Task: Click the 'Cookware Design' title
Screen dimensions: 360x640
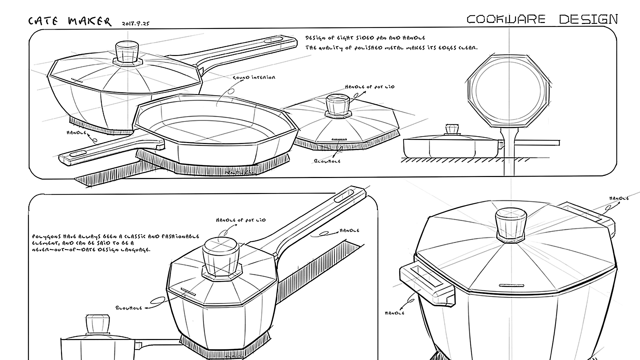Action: coord(542,19)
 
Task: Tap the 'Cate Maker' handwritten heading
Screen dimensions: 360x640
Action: coord(70,22)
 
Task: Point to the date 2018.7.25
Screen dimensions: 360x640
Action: coord(136,24)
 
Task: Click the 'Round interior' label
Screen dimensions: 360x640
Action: coord(254,78)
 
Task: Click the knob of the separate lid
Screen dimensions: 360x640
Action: coord(337,104)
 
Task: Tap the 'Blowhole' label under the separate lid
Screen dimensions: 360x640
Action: coord(327,161)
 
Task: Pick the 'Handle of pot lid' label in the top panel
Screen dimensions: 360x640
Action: coord(369,87)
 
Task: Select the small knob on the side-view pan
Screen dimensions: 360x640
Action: coord(452,129)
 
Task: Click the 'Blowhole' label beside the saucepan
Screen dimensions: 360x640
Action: coord(129,308)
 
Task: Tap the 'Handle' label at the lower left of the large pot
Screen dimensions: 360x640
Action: coord(394,313)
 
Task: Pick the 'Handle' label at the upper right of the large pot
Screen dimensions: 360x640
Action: coord(619,199)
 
